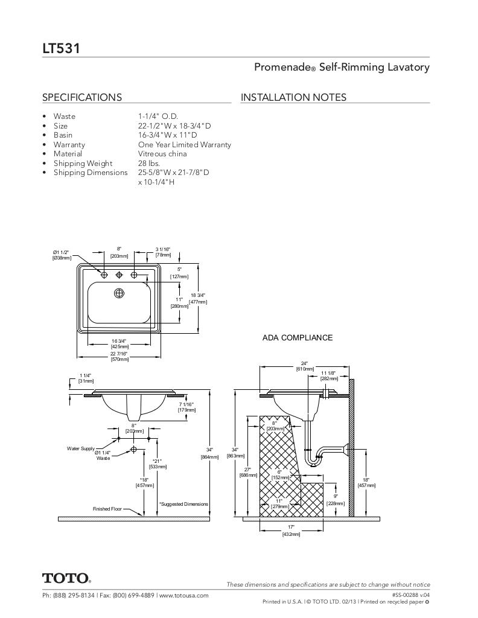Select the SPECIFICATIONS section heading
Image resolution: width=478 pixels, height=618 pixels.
click(x=82, y=97)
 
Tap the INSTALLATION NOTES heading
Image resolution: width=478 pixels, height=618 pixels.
click(x=293, y=97)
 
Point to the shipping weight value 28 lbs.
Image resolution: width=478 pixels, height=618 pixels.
click(x=148, y=163)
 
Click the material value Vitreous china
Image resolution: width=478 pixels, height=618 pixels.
click(x=162, y=154)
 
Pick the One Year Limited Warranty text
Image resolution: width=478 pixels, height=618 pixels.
click(x=184, y=144)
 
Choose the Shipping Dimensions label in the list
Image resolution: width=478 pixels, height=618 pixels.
click(x=91, y=173)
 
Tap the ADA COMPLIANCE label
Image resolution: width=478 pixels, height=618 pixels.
click(x=298, y=337)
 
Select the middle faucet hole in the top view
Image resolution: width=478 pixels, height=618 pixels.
click(x=119, y=275)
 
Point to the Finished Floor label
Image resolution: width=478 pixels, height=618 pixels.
click(x=107, y=509)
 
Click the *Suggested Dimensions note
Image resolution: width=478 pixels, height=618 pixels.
click(x=183, y=504)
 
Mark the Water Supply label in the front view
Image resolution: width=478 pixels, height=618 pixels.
click(x=80, y=449)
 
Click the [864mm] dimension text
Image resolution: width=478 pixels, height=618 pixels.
click(x=209, y=457)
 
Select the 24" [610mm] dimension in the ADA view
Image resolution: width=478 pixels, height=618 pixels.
click(x=305, y=366)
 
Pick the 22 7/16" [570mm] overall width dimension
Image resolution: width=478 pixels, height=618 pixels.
click(x=119, y=356)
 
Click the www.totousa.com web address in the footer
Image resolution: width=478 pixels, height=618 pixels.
click(x=184, y=595)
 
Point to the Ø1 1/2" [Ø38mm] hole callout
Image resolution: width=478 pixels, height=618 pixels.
click(x=62, y=254)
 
